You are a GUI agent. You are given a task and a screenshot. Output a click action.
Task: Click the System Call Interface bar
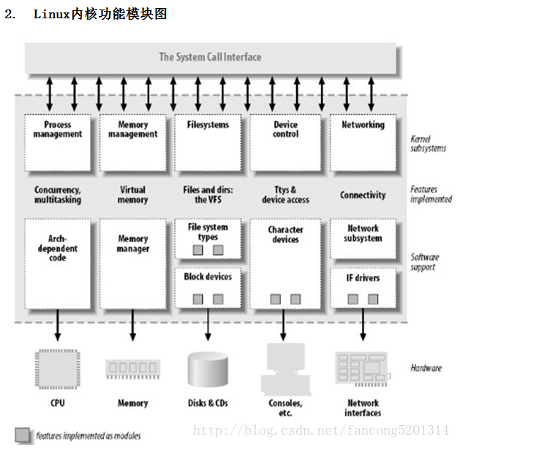coord(211,57)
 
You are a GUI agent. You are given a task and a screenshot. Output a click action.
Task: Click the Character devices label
coord(285,234)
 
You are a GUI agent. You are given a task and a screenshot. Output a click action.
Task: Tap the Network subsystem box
coord(363,239)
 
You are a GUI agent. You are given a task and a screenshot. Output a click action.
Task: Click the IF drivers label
coord(363,278)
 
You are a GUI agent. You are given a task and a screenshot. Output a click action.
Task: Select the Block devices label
coord(208,277)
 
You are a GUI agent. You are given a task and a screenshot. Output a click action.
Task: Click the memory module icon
coord(132,368)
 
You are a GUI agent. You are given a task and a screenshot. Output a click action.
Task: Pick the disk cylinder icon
coord(208,369)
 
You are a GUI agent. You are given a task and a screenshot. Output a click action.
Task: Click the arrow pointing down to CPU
coord(58,326)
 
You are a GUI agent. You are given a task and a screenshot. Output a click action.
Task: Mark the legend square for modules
coord(23,435)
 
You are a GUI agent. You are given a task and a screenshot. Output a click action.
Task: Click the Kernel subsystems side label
coord(429,143)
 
